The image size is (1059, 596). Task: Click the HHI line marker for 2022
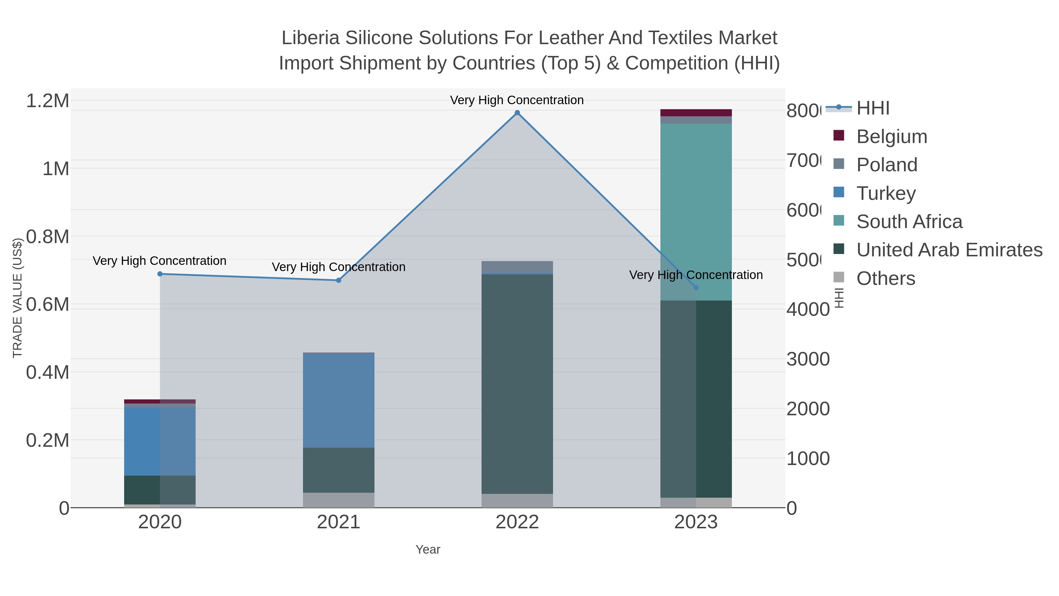(x=517, y=113)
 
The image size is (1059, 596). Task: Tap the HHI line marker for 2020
(x=160, y=274)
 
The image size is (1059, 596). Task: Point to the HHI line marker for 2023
(x=696, y=288)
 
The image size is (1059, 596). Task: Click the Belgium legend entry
(x=891, y=137)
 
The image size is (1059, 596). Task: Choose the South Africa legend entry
(x=909, y=222)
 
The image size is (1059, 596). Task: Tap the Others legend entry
(x=885, y=278)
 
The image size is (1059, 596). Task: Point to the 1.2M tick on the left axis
(x=47, y=101)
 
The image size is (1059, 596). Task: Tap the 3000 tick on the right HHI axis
(x=808, y=359)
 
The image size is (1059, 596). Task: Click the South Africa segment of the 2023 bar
(x=696, y=212)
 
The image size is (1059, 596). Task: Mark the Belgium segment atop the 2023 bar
(x=696, y=113)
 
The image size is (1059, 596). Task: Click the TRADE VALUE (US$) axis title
(x=17, y=298)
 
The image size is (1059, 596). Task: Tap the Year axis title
(x=427, y=549)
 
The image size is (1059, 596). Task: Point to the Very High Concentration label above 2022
(x=517, y=100)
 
